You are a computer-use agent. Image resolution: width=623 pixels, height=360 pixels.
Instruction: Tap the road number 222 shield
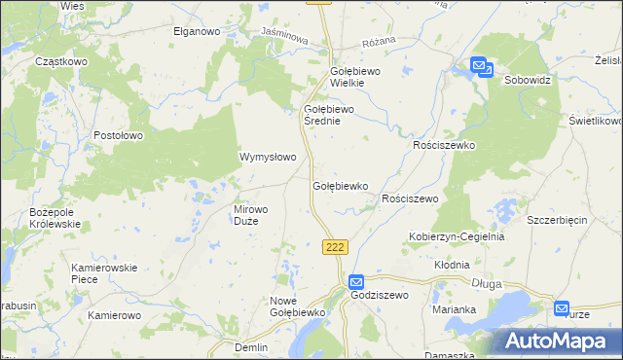tap(335, 247)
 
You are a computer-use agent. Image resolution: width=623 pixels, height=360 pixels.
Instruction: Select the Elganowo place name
tap(200, 31)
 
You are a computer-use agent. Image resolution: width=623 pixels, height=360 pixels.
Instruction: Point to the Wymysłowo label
tap(268, 156)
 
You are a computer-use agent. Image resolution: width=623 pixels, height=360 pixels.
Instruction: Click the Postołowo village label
tap(120, 135)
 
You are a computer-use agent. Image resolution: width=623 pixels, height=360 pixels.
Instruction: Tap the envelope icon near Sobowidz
tap(482, 66)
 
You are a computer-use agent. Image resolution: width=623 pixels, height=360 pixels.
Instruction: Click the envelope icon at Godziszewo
tap(356, 280)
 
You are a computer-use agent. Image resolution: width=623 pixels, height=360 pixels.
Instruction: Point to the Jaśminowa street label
tap(284, 35)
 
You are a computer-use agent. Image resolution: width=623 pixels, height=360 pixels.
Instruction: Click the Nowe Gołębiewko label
tap(295, 306)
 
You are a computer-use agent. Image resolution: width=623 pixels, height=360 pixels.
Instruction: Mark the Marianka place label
tap(454, 309)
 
